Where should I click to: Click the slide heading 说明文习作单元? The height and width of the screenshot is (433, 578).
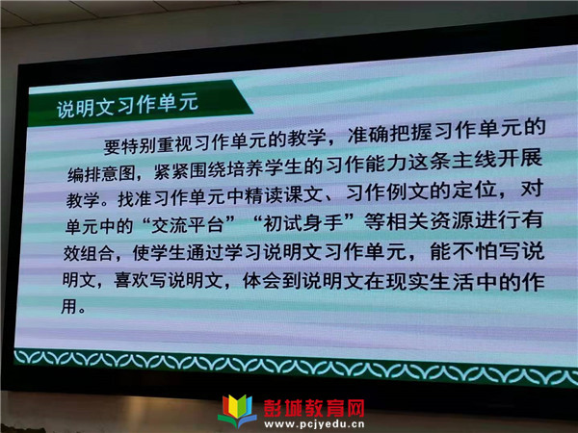[x=127, y=105]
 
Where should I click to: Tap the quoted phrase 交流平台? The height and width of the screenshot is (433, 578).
[x=188, y=224]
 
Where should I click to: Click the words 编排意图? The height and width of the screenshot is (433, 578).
[x=101, y=172]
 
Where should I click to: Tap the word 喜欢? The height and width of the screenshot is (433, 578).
[x=131, y=280]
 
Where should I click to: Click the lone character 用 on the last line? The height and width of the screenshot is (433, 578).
[x=68, y=306]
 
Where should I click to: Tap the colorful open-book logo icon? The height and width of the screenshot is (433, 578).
[x=238, y=411]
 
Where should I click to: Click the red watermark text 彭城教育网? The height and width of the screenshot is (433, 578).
[x=314, y=408]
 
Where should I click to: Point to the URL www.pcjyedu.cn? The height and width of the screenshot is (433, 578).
[x=314, y=424]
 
